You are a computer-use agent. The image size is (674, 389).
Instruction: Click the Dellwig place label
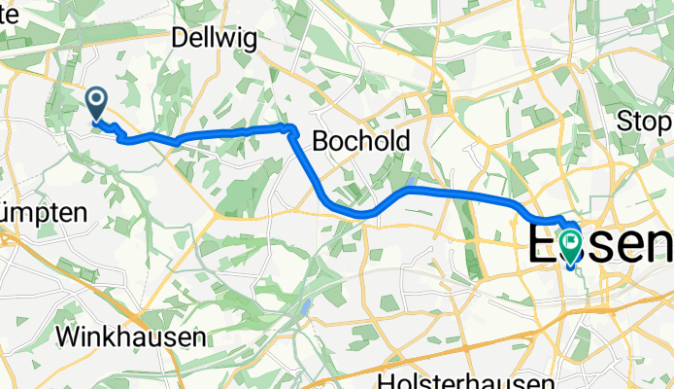(x=211, y=38)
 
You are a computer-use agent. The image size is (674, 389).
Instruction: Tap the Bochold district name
(x=360, y=140)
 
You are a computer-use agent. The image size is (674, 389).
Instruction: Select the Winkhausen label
(x=132, y=336)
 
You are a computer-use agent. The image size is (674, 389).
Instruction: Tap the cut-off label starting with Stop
(x=645, y=123)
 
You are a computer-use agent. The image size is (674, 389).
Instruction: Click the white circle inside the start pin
(x=97, y=98)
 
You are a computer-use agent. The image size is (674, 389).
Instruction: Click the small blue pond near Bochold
(x=412, y=182)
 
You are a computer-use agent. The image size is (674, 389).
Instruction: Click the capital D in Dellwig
(x=180, y=38)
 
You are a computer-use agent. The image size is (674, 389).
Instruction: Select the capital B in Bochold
(x=320, y=140)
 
